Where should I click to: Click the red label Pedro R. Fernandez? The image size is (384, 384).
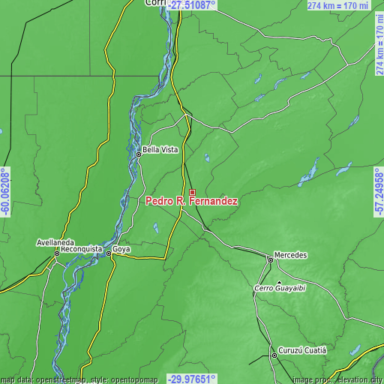192,202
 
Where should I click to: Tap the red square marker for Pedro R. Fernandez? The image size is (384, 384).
192,193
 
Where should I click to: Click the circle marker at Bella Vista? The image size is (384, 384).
138,154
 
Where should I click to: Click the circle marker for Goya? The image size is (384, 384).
109,254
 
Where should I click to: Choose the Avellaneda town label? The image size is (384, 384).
55,243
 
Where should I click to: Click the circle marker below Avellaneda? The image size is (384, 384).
55,253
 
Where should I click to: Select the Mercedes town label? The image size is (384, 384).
291,255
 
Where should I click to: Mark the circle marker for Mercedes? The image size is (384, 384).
271,259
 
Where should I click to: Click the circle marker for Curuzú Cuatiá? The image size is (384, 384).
274,355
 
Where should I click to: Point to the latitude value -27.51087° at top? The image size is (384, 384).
192,5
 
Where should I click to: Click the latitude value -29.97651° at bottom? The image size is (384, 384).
192,379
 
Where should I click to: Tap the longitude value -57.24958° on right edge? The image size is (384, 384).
379,192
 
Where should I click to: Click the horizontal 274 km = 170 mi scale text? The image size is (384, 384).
339,5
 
